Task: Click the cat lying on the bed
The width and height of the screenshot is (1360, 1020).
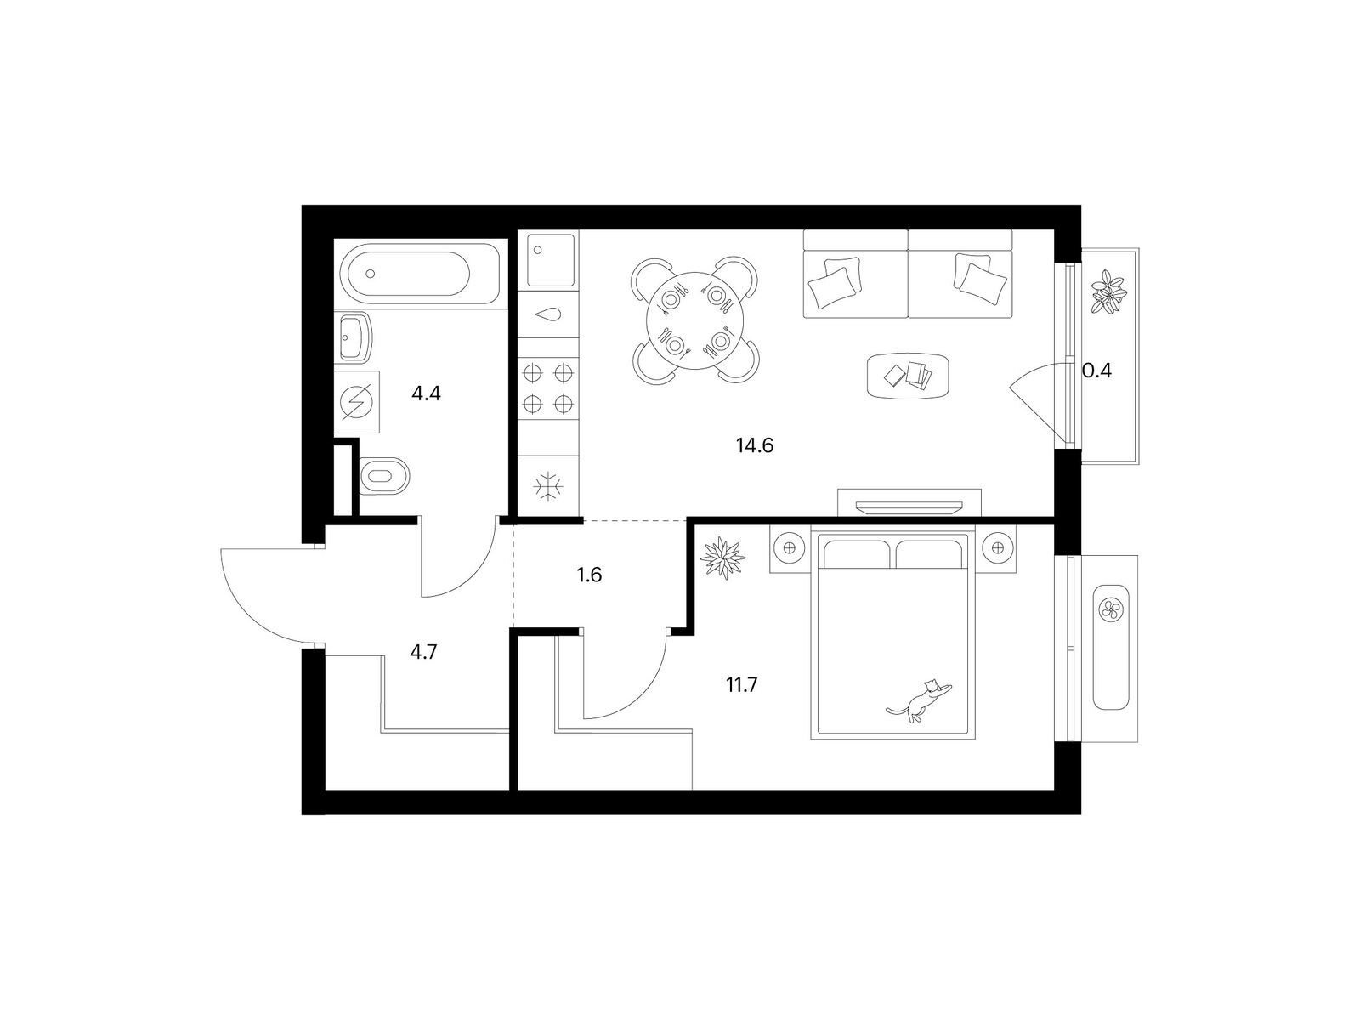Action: coord(918,700)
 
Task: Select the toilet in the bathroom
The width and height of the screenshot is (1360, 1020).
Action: coord(384,476)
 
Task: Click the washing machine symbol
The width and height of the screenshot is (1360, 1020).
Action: coord(357,402)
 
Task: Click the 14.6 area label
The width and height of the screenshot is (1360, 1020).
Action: coord(755,445)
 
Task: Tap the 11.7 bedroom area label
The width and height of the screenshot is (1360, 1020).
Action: coord(741,685)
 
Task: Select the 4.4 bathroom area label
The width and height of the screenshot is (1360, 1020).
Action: coord(426,394)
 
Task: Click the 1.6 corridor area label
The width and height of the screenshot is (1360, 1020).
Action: coord(589,575)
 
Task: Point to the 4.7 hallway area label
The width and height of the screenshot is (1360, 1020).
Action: coord(424,652)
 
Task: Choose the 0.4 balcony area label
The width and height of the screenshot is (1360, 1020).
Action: coord(1096,371)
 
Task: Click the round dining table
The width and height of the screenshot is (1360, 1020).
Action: coord(694,320)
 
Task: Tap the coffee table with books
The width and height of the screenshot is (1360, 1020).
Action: coord(908,376)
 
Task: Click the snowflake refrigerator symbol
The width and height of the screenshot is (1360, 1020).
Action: coord(549,486)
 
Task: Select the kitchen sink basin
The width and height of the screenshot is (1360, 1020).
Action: coord(550,259)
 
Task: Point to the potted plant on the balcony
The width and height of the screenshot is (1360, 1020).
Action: coord(1109,293)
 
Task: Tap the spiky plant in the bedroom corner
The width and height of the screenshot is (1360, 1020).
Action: coord(722,558)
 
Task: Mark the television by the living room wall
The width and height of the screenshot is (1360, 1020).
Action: coord(909,507)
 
